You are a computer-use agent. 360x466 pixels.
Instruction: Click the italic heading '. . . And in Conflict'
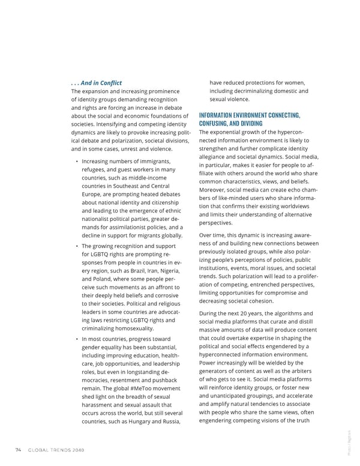[x=97, y=83]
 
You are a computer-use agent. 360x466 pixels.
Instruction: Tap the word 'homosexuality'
[x=137, y=328]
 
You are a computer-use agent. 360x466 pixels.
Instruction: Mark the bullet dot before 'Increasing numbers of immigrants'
[x=76, y=162]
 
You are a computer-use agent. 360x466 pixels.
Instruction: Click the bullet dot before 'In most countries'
[x=76, y=339]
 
